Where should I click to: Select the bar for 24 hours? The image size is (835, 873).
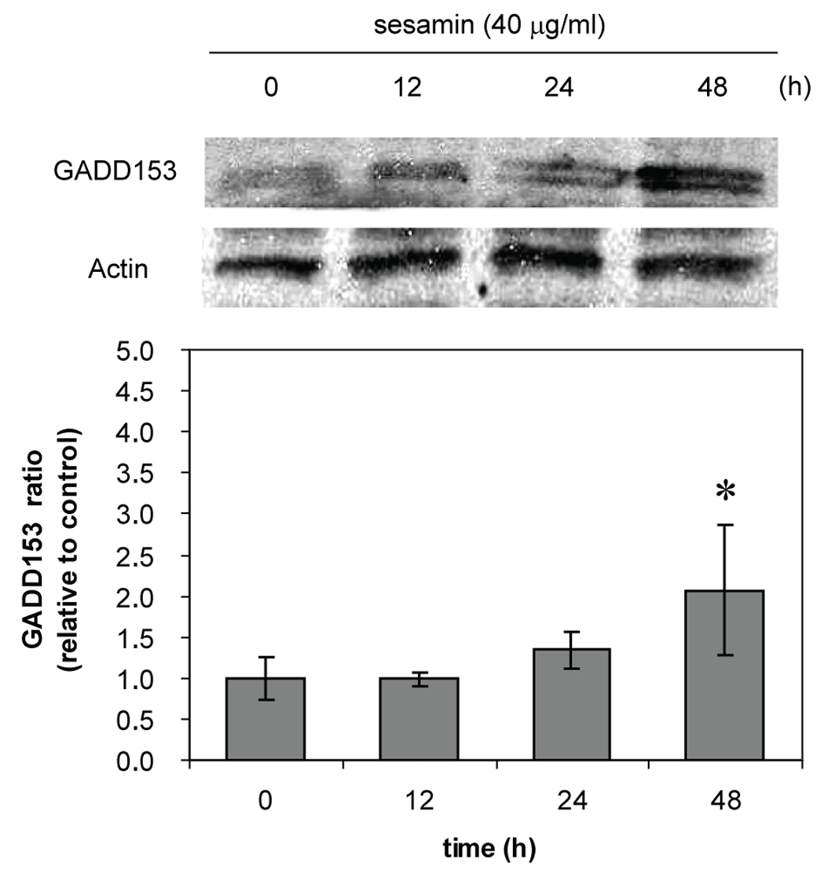click(x=571, y=704)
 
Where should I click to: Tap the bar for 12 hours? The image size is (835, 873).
click(x=418, y=718)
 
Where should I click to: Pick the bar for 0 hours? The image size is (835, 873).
click(x=266, y=718)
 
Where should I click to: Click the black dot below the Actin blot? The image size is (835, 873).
click(x=482, y=291)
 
